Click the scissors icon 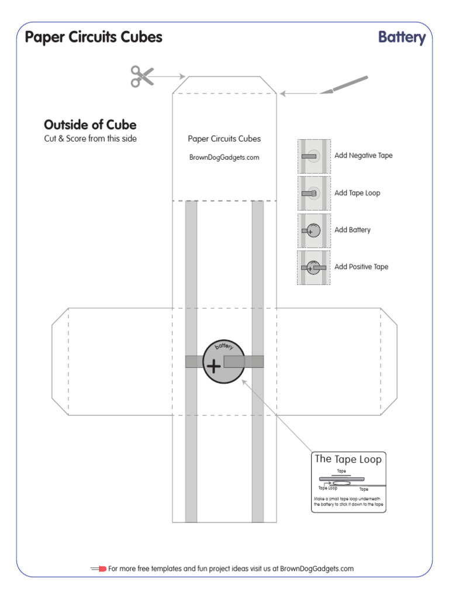141,76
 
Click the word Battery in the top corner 402,37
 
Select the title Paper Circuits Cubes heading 94,37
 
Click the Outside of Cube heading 90,125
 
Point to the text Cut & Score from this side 90,139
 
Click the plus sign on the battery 214,367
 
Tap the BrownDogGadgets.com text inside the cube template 224,157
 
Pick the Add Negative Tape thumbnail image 315,156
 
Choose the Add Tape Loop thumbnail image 315,193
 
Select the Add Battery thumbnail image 315,230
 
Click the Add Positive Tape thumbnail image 315,267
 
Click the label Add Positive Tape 361,267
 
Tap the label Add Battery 353,230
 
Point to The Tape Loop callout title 348,459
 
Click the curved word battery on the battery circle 224,346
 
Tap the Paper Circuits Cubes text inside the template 224,139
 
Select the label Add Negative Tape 364,156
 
